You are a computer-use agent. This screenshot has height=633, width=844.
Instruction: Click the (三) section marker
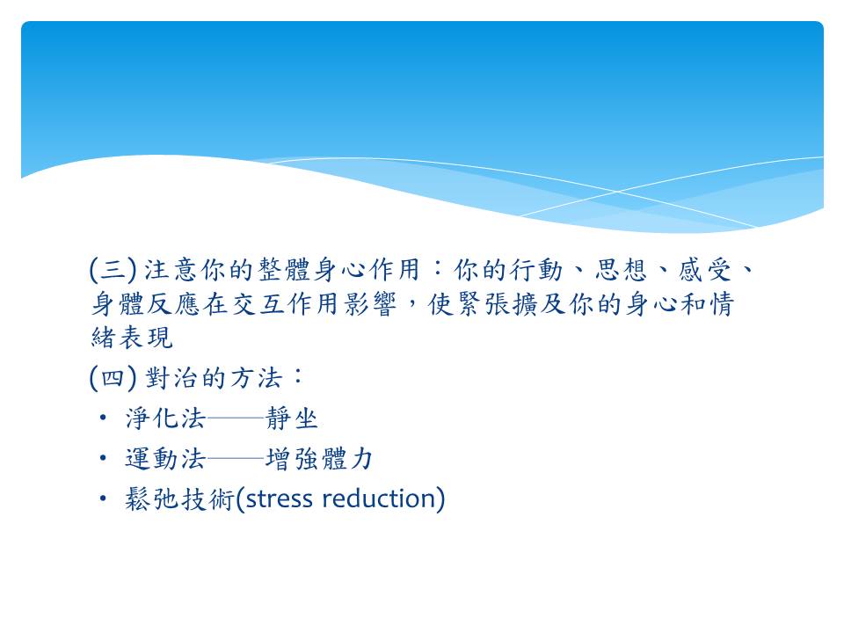tap(113, 269)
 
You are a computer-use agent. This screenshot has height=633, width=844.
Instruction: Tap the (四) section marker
tap(113, 377)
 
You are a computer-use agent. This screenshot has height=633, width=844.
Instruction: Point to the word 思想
tap(621, 269)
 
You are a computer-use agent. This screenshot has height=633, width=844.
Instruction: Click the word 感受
tap(705, 269)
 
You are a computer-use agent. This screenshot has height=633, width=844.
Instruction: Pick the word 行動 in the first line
tap(536, 269)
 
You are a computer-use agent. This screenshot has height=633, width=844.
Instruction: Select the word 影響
tap(369, 304)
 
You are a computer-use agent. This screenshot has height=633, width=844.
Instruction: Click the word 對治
tap(171, 377)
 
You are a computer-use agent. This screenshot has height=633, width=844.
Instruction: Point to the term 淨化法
tap(166, 418)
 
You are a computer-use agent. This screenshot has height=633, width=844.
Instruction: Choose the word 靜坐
tap(292, 418)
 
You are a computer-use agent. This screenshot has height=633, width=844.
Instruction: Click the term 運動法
tap(166, 459)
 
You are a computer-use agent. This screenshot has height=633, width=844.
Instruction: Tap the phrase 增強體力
tap(319, 459)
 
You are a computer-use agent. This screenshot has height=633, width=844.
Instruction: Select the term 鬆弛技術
tap(179, 499)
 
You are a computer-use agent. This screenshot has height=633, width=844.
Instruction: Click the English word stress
tap(279, 499)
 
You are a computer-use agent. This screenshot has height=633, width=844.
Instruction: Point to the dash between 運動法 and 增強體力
tap(236, 459)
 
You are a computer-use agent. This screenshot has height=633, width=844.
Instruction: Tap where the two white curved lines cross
tap(617, 191)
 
